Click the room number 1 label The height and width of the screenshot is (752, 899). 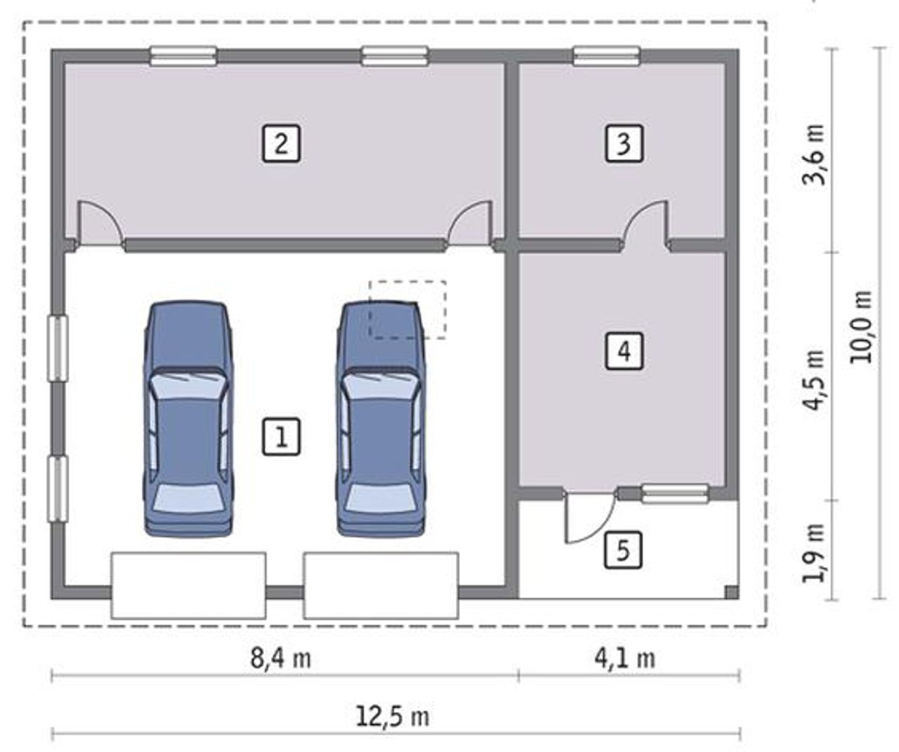pyautogui.click(x=281, y=437)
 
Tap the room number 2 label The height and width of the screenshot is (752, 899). pyautogui.click(x=281, y=144)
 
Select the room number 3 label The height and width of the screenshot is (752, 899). pyautogui.click(x=624, y=144)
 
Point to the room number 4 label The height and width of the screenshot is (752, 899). pyautogui.click(x=624, y=351)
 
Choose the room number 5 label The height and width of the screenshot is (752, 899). pyautogui.click(x=623, y=550)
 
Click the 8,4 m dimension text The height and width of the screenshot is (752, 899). pyautogui.click(x=280, y=659)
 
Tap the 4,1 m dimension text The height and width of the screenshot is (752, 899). pyautogui.click(x=625, y=659)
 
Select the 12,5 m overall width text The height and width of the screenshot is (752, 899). pyautogui.click(x=393, y=717)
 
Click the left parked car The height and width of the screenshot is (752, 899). pyautogui.click(x=188, y=418)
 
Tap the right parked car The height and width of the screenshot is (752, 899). pyautogui.click(x=381, y=418)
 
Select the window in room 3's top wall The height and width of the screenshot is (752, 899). pyautogui.click(x=607, y=56)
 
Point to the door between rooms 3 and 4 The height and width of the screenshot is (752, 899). pyautogui.click(x=646, y=225)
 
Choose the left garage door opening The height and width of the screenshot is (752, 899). pyautogui.click(x=188, y=586)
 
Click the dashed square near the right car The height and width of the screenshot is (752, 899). pyautogui.click(x=407, y=310)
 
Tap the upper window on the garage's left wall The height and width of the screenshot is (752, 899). pyautogui.click(x=58, y=348)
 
